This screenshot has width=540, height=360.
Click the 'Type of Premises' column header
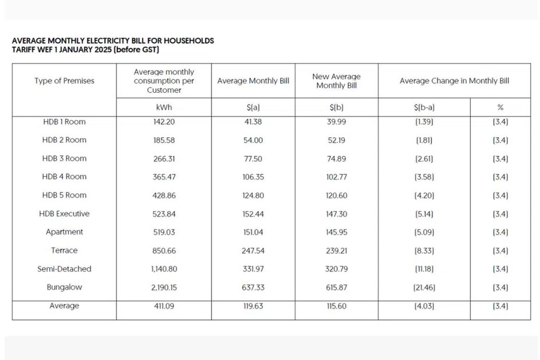(64, 81)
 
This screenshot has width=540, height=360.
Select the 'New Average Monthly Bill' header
(336, 81)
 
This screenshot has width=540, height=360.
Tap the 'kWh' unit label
(164, 107)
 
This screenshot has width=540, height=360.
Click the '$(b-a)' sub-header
(424, 107)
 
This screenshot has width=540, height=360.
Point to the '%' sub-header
(500, 107)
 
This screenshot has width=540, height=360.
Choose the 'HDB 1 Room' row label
(64, 121)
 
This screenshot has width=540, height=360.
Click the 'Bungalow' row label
(64, 287)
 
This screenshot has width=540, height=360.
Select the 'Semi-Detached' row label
(64, 269)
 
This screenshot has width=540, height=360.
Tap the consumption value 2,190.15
(164, 287)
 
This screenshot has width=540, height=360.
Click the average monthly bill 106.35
(253, 177)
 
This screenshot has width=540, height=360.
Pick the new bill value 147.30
(336, 214)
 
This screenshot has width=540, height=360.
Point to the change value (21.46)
(424, 287)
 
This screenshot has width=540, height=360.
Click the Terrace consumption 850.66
(164, 250)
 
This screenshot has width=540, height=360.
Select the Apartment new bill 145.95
(336, 232)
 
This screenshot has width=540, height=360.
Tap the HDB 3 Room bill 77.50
(253, 159)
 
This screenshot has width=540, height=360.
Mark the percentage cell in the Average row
(500, 306)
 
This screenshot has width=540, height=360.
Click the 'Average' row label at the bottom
(64, 306)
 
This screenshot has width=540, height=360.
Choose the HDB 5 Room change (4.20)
(424, 195)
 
